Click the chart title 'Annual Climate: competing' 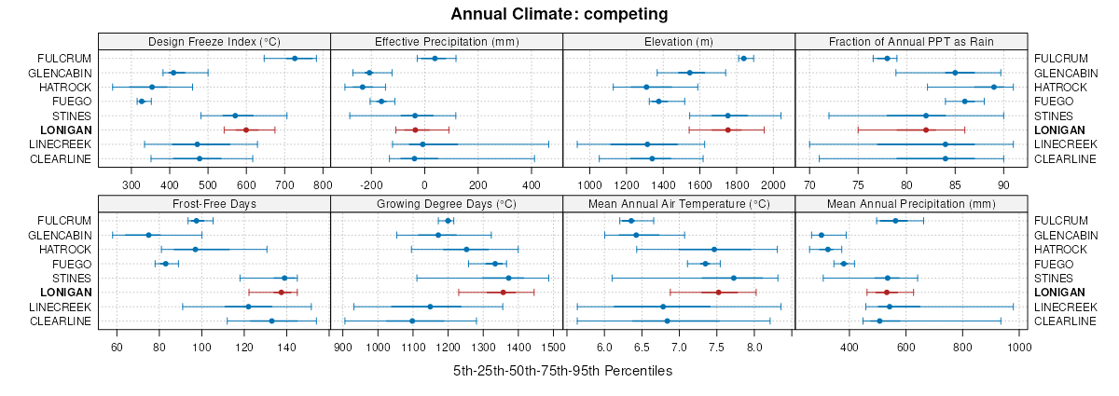click(x=559, y=14)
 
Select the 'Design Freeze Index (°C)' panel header click(x=214, y=41)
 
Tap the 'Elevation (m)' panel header click(x=678, y=41)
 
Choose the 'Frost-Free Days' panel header click(x=214, y=203)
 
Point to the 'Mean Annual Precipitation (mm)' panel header click(x=911, y=203)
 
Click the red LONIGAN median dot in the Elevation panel click(x=727, y=130)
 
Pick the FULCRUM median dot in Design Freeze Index click(x=295, y=59)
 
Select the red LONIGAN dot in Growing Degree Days click(x=503, y=293)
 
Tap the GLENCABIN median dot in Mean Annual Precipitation click(x=822, y=235)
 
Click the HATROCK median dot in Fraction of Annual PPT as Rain click(x=994, y=87)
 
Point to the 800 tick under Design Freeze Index click(x=323, y=184)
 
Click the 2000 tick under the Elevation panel click(x=773, y=184)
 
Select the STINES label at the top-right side click(x=1052, y=116)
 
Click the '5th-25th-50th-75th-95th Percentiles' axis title click(x=562, y=371)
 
